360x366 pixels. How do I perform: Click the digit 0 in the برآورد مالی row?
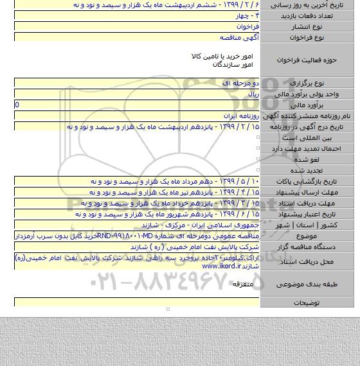click(17, 105)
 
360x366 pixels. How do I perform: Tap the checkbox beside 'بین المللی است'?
click(255, 137)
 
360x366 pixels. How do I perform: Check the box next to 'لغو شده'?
click(255, 159)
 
